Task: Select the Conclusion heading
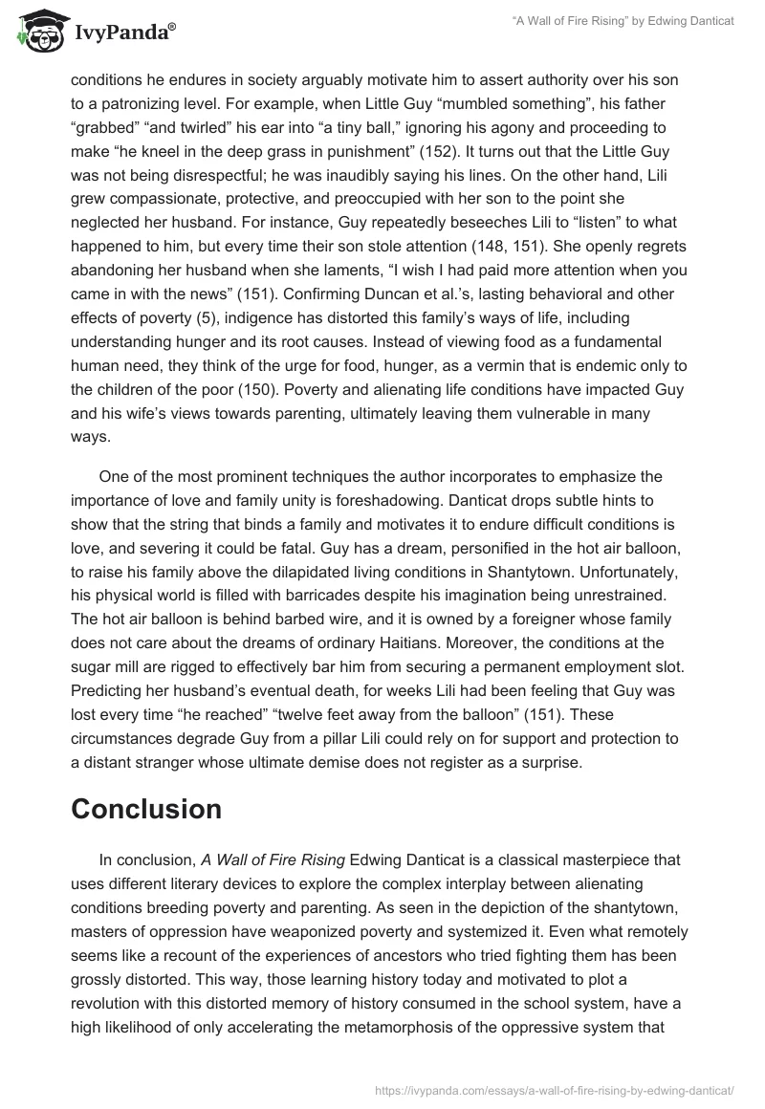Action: pyautogui.click(x=146, y=809)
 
